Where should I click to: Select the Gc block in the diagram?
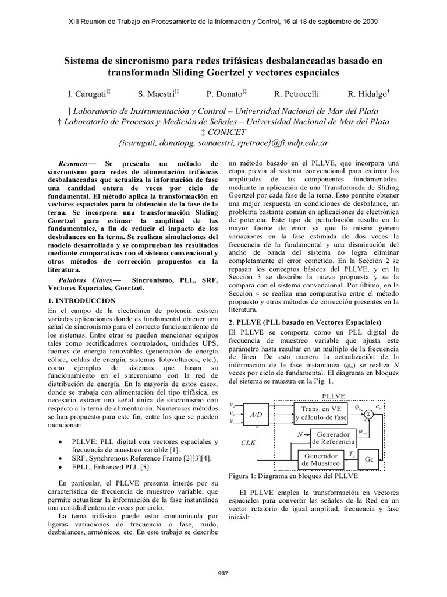click(368, 459)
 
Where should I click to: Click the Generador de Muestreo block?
click(320, 459)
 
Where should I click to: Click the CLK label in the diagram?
click(249, 443)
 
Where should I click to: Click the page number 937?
click(223, 574)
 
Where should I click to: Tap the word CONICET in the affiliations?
click(225, 132)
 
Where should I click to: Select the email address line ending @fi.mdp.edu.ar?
click(223, 142)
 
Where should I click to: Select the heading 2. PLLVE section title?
click(306, 322)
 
